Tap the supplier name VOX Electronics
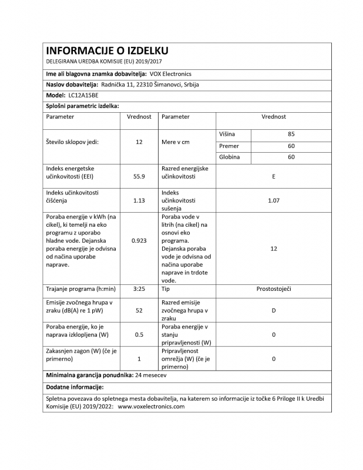(x=170, y=73)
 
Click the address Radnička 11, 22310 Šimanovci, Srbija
(x=150, y=84)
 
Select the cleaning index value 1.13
(x=139, y=200)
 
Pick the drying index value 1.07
(x=274, y=200)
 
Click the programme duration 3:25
(x=139, y=290)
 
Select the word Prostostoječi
(x=274, y=290)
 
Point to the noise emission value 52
(x=139, y=310)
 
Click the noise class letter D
(x=274, y=310)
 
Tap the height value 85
(x=291, y=134)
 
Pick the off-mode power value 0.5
(x=139, y=334)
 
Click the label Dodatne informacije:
(x=75, y=387)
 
